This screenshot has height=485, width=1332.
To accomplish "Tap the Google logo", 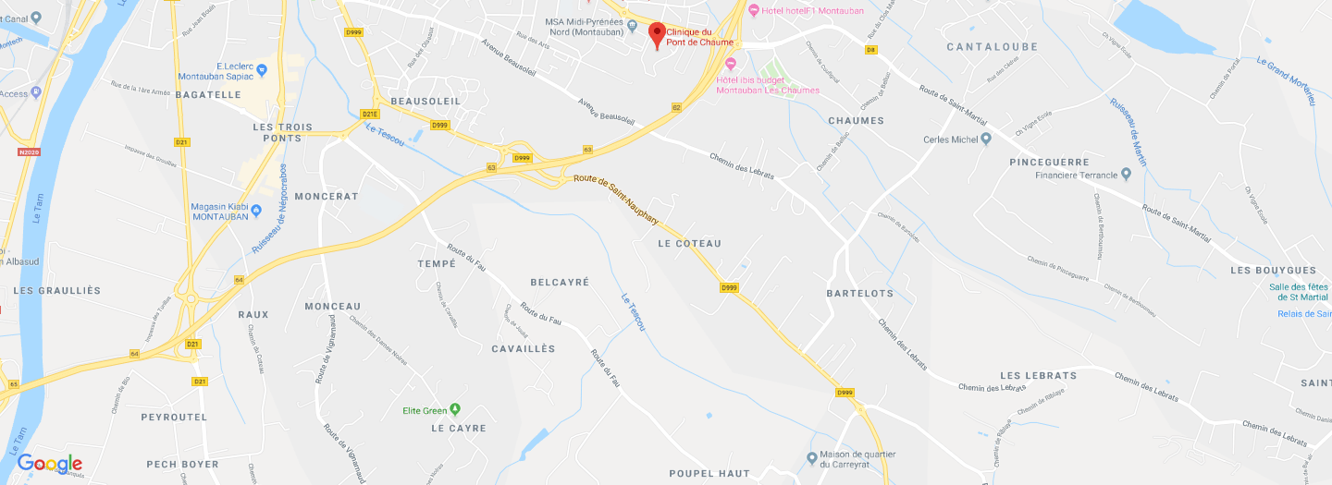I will click(50, 464).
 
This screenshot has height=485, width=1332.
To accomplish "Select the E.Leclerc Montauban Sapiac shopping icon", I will click(263, 69).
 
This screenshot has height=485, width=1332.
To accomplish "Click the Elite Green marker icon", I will click(454, 409).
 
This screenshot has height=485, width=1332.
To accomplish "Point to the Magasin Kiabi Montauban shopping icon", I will click(255, 211).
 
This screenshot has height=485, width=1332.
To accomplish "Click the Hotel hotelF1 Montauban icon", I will click(753, 10).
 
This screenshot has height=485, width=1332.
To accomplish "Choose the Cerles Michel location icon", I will click(986, 139).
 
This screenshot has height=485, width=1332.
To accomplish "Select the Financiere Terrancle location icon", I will click(1126, 174).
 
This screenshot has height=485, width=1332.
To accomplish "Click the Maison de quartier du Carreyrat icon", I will click(811, 456).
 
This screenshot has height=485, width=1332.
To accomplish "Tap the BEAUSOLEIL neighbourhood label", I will click(425, 100).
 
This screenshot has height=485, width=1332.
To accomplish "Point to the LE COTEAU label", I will click(689, 243).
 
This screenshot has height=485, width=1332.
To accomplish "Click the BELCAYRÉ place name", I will click(560, 282).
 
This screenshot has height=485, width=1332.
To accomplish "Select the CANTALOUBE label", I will click(993, 46).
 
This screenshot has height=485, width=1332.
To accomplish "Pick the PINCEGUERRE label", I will click(1050, 162).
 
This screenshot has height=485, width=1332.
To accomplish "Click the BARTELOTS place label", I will click(860, 293).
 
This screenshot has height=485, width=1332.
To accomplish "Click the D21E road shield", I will click(369, 114).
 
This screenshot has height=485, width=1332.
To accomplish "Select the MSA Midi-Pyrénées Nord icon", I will click(632, 24).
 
